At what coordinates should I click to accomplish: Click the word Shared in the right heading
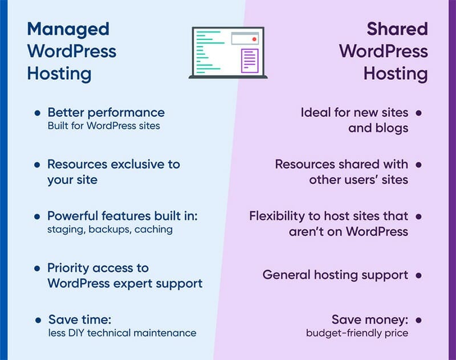coord(397,28)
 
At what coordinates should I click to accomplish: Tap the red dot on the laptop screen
coord(254,39)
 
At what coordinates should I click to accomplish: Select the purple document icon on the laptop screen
coord(250,61)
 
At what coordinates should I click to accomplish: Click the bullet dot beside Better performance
coord(37,113)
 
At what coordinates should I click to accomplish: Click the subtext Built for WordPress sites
coord(104,126)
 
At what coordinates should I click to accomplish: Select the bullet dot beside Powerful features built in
coord(37,216)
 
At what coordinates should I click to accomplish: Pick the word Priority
coord(68,268)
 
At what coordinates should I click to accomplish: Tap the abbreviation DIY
coord(76,333)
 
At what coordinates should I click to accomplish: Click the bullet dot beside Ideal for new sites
coord(418,113)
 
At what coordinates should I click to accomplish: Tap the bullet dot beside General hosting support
coord(418,275)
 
